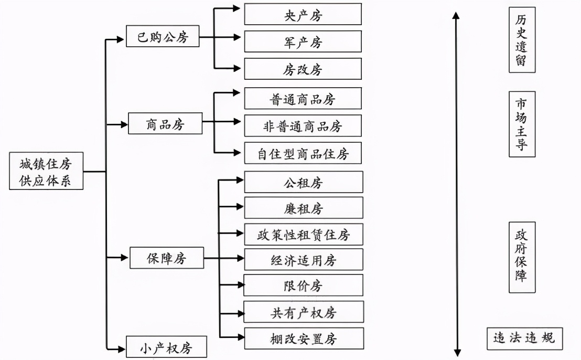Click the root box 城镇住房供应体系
click(46, 171)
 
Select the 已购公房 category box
click(163, 37)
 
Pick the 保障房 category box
click(167, 258)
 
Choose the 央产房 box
click(303, 15)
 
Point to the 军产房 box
click(303, 42)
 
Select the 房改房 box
click(303, 69)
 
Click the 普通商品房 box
click(303, 99)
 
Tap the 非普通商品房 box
click(303, 126)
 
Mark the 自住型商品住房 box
click(303, 154)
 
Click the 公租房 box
click(303, 182)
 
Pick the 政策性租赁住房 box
click(303, 234)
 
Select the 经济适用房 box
click(303, 260)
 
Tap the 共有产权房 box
click(303, 313)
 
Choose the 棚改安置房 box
click(303, 339)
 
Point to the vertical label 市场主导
click(521, 124)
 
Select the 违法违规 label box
click(524, 339)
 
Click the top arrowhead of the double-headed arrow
click(456, 16)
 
